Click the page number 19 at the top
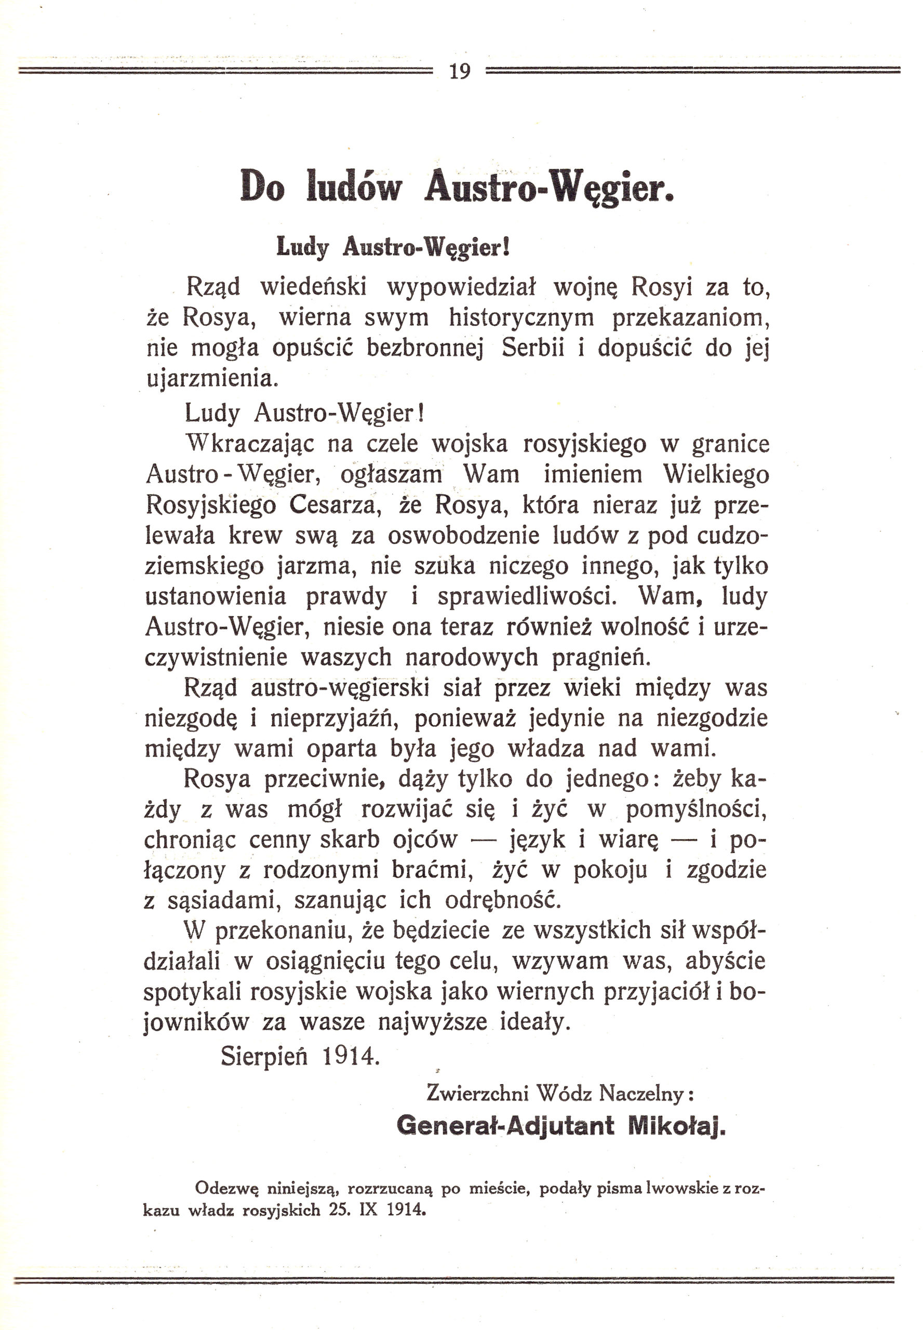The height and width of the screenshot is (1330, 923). click(460, 72)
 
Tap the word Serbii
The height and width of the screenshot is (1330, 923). click(532, 348)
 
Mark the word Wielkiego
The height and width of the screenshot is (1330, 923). click(715, 474)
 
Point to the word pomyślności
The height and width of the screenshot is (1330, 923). click(697, 810)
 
